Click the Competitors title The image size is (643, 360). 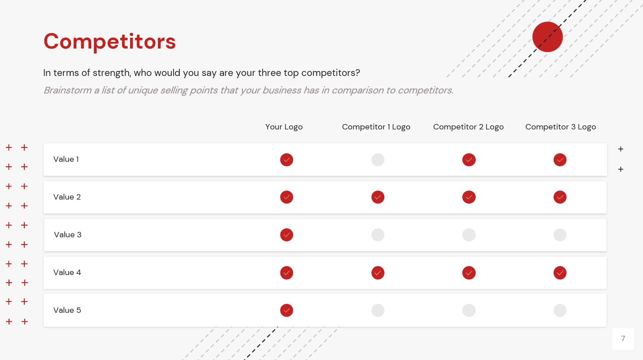point(109,42)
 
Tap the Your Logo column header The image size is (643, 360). point(284,127)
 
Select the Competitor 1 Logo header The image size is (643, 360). point(376,127)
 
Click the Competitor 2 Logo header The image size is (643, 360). point(469,127)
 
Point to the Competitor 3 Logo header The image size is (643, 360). point(561,127)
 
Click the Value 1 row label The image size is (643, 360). point(66,159)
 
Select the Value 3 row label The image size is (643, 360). point(68,235)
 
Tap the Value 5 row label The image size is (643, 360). point(67,310)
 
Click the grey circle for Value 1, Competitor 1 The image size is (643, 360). point(378,160)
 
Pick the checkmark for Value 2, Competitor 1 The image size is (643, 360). point(378,197)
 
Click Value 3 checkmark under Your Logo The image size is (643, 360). point(286,235)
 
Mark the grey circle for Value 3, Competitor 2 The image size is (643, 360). point(469,235)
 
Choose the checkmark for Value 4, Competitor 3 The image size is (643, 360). point(560,273)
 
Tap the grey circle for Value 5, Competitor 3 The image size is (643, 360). point(560,311)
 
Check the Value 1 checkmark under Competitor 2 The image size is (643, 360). point(469,160)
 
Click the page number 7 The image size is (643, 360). point(623,339)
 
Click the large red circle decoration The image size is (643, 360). point(547,37)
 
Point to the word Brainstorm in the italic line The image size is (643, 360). point(67,90)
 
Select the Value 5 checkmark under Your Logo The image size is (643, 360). point(286,311)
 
